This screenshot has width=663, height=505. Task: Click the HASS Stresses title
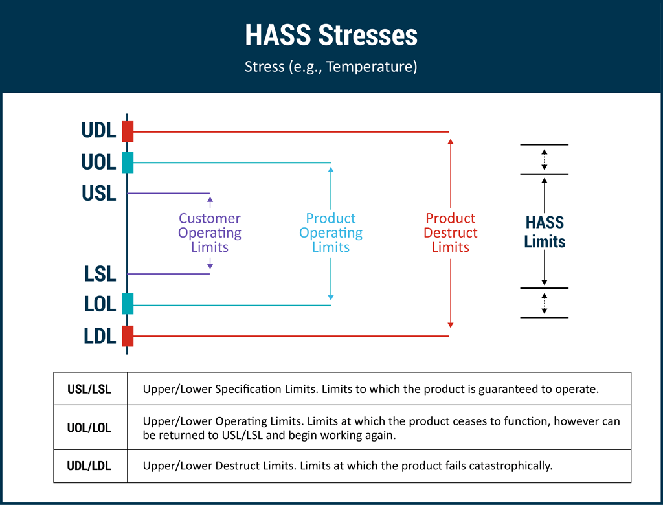tap(331, 36)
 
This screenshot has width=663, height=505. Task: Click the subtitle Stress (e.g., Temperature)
tap(331, 67)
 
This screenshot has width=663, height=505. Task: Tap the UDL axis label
tap(98, 131)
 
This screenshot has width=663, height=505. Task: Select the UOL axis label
tap(98, 163)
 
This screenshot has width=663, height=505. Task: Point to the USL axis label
tap(98, 194)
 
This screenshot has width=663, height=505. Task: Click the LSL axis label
tap(100, 274)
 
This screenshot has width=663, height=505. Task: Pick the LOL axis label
tap(100, 304)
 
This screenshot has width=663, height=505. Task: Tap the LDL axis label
tap(100, 336)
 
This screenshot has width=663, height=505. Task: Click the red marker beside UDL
tap(128, 131)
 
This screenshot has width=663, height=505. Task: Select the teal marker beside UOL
tap(128, 163)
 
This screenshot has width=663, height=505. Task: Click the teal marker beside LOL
tap(128, 304)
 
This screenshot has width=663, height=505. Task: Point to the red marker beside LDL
tap(128, 336)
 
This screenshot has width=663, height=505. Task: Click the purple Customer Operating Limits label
tap(210, 233)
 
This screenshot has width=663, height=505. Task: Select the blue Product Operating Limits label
tap(331, 233)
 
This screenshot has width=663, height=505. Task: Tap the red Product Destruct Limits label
tap(451, 233)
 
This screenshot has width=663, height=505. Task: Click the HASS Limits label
tap(545, 232)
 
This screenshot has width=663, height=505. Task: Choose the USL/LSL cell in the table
tap(89, 390)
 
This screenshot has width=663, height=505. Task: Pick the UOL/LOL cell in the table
tap(89, 428)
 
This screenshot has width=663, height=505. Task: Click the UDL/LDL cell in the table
tap(89, 466)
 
